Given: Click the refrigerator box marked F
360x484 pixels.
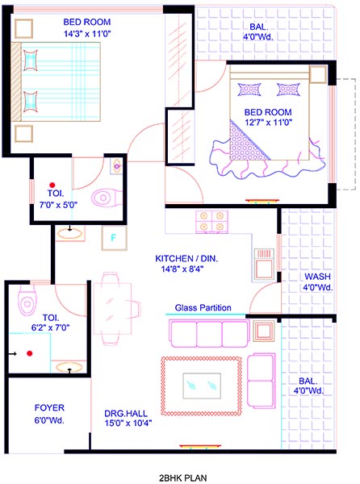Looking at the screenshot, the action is click(x=115, y=238).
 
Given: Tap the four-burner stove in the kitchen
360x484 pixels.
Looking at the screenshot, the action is click(x=211, y=222).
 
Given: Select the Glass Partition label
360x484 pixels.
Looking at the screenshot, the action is click(x=203, y=308).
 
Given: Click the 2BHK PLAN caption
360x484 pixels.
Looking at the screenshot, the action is click(x=183, y=478).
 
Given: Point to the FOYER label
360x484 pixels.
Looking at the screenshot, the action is click(x=49, y=407).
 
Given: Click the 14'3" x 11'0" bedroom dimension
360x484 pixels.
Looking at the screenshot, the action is click(x=87, y=34).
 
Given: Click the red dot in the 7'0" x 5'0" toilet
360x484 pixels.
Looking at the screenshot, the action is click(x=52, y=185).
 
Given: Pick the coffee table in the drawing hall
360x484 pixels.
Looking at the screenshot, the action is click(x=202, y=386).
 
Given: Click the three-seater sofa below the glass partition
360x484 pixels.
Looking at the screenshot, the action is click(x=209, y=334).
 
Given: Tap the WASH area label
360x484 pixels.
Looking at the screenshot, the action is click(x=318, y=277).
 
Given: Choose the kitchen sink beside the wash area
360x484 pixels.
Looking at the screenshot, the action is click(x=264, y=265).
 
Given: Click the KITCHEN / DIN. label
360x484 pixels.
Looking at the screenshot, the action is click(x=186, y=259).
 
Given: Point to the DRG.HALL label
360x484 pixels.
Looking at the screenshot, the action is click(x=126, y=414).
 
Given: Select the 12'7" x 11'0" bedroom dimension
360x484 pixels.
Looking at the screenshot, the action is click(x=269, y=123).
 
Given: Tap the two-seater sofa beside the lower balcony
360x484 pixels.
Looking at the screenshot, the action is click(x=262, y=381).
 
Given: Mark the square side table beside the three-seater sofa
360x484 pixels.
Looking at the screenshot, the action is click(x=264, y=331).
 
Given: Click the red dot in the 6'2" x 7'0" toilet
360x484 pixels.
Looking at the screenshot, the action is click(x=30, y=353).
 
